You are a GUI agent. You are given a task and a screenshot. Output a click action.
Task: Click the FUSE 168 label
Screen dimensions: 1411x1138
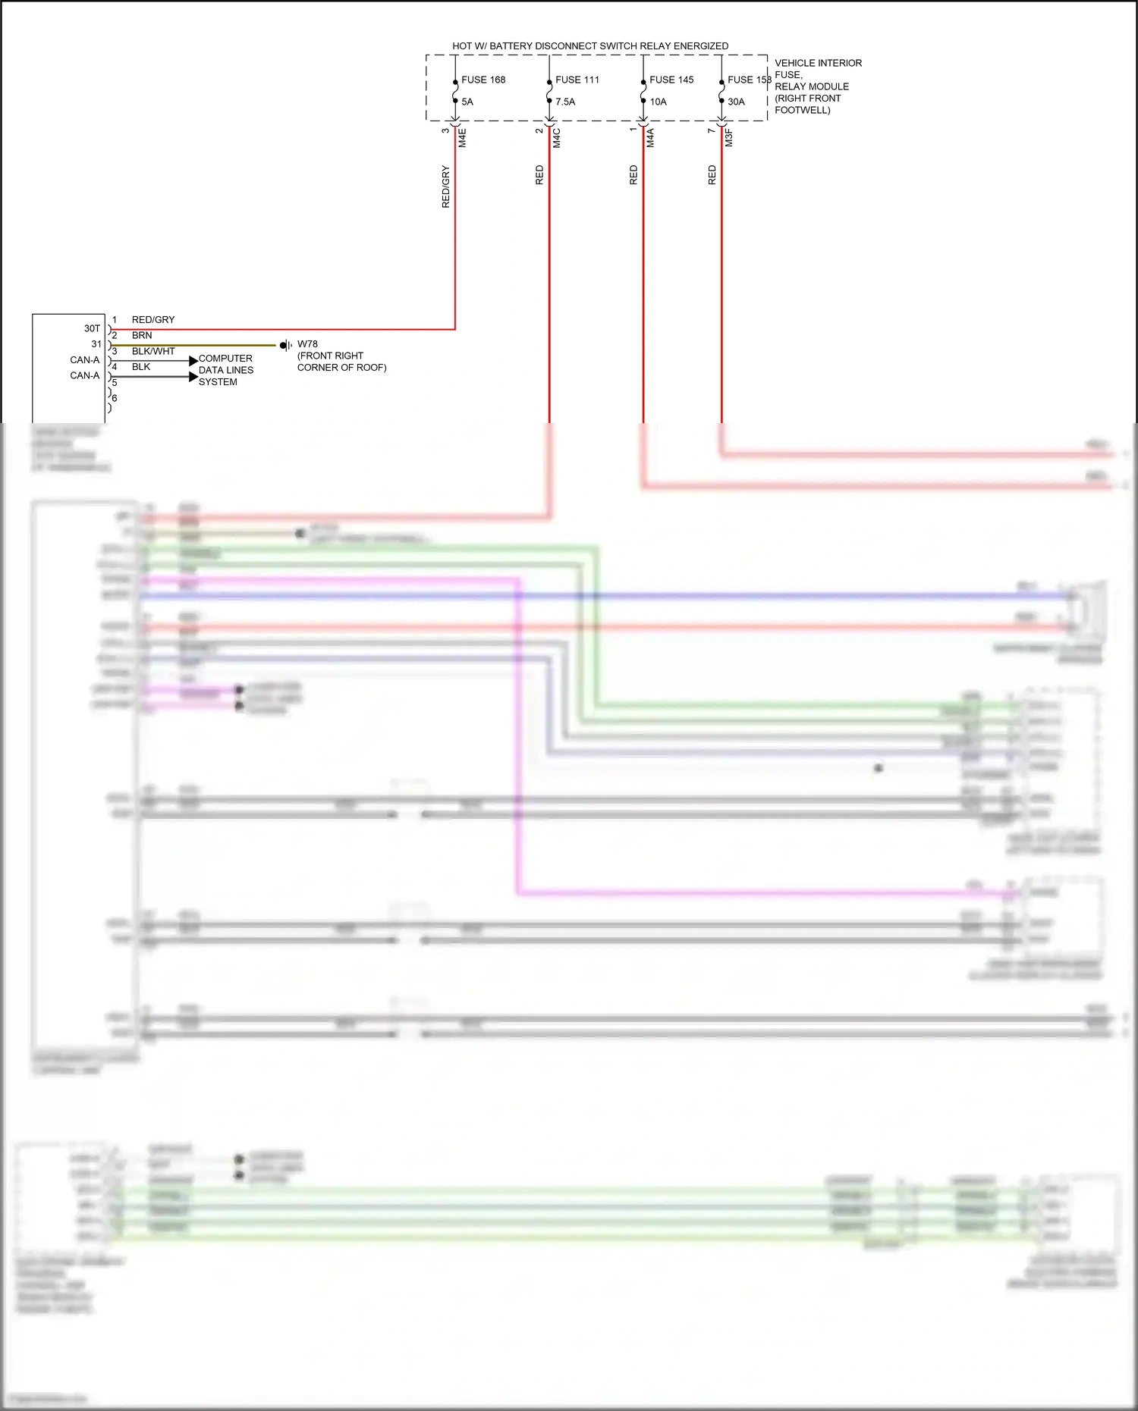pos(483,80)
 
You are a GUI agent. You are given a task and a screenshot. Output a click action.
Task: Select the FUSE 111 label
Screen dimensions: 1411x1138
pos(577,80)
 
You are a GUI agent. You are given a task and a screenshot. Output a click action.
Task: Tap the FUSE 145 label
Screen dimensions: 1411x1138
pos(671,80)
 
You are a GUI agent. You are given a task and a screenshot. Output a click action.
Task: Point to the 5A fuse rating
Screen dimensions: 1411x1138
pos(467,102)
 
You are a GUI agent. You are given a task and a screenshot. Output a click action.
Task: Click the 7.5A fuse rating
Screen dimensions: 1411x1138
pos(565,102)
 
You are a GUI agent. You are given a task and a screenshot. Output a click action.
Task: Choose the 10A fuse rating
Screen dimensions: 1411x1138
pos(658,102)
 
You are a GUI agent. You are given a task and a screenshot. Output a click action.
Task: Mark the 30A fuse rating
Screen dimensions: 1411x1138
pos(736,102)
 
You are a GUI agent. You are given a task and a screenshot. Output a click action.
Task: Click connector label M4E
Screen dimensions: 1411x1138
pos(462,138)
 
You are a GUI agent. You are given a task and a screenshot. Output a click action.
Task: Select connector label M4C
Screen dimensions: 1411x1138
pos(556,138)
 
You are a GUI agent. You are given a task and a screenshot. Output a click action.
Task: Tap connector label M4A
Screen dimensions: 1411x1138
pos(650,138)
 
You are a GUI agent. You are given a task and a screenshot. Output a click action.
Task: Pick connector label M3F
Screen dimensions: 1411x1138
pos(728,138)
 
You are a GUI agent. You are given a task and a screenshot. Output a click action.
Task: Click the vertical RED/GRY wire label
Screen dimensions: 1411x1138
pos(445,187)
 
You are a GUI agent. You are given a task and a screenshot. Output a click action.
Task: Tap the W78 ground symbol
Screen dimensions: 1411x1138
pos(285,346)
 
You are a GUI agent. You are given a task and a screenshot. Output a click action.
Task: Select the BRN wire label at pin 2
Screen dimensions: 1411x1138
pos(142,335)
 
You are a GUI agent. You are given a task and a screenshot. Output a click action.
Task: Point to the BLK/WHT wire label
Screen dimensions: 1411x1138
pos(153,351)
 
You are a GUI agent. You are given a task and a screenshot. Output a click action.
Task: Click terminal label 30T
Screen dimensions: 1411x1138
pos(92,328)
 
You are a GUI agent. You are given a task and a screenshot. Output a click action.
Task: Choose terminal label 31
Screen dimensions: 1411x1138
pos(96,344)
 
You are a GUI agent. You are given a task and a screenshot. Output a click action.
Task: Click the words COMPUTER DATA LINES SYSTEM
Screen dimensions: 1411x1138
pos(225,370)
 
